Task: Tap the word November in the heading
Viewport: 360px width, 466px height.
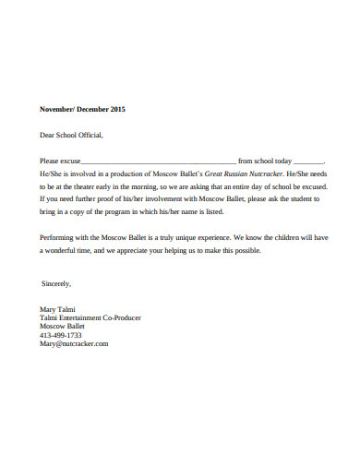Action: (x=55, y=109)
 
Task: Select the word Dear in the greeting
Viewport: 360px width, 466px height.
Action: (x=47, y=135)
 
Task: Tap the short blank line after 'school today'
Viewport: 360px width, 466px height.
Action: (x=308, y=161)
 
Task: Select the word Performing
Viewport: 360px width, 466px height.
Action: (x=56, y=236)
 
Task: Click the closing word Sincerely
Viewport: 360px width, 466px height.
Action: (x=55, y=282)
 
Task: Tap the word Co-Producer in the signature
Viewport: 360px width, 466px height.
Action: (x=121, y=317)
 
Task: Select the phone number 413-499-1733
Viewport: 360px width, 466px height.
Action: (x=60, y=335)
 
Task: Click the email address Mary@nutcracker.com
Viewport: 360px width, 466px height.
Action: (x=74, y=343)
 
